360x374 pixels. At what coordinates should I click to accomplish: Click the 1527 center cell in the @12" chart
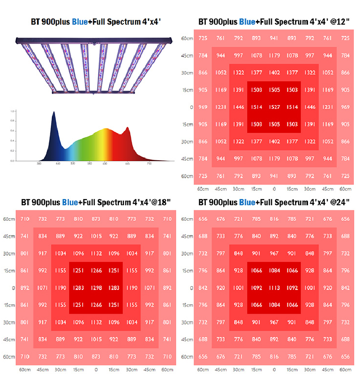pyautogui.click(x=274, y=107)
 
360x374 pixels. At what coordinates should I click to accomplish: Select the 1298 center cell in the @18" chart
pyautogui.click(x=96, y=288)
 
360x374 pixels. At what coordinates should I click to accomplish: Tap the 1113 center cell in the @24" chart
pyautogui.click(x=274, y=288)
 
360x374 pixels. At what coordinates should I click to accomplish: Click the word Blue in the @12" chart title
pyautogui.click(x=247, y=21)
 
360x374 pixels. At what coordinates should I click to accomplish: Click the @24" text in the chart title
pyautogui.click(x=342, y=203)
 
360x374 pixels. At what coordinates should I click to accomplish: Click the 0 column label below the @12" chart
pyautogui.click(x=274, y=189)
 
